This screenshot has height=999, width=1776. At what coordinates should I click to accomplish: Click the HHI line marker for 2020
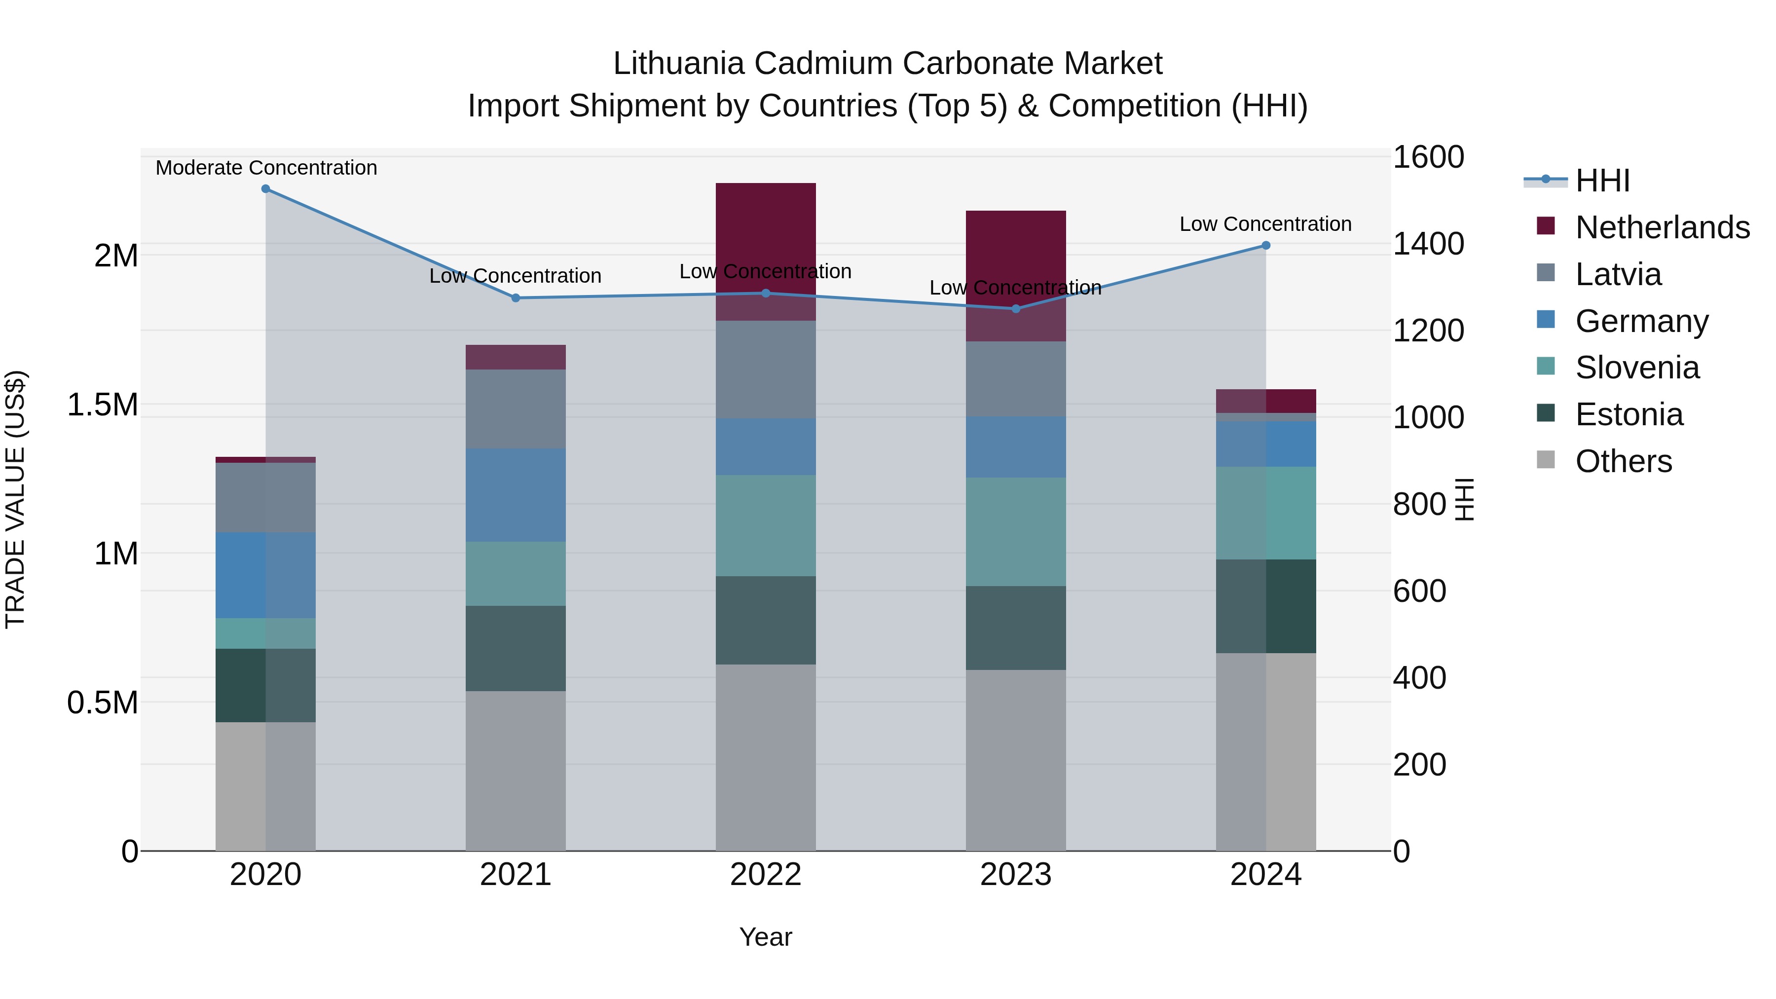[x=265, y=189]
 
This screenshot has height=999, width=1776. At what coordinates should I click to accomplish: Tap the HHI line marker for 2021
[x=516, y=298]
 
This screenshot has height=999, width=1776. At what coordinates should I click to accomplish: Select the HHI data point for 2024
[x=1266, y=246]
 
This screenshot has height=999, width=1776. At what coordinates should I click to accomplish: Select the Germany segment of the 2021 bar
[x=516, y=495]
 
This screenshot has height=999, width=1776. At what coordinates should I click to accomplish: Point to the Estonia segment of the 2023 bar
[x=1016, y=628]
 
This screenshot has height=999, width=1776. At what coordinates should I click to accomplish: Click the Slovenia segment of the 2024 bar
[x=1266, y=513]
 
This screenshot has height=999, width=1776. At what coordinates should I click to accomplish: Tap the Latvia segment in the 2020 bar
[x=265, y=497]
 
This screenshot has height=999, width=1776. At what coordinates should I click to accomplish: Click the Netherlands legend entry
[x=1662, y=227]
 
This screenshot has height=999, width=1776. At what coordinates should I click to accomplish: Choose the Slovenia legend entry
[x=1637, y=368]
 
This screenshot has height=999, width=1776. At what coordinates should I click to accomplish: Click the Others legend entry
[x=1624, y=461]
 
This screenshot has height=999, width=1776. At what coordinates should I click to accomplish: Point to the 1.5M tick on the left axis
[x=103, y=405]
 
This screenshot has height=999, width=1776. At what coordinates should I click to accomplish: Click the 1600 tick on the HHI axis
[x=1428, y=157]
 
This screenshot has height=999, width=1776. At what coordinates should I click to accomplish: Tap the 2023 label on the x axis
[x=1016, y=875]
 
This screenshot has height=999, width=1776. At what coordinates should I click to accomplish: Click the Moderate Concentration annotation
[x=266, y=168]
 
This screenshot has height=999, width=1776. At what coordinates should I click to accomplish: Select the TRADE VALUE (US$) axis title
[x=15, y=499]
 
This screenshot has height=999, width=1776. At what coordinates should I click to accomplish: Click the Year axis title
[x=765, y=937]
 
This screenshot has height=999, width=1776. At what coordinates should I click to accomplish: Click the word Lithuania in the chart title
[x=678, y=64]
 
